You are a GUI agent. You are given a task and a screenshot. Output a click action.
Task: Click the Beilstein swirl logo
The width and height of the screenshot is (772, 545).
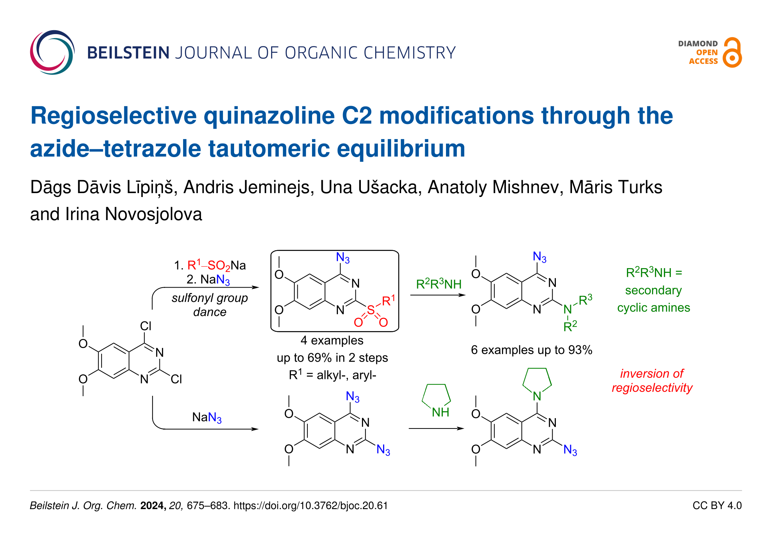point(52,52)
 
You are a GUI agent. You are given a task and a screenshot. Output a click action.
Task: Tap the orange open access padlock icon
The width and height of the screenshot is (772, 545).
point(732,53)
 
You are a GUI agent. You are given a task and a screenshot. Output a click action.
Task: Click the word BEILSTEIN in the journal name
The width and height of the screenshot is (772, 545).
point(128,53)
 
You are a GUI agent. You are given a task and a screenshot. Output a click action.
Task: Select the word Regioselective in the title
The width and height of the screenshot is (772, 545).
point(113,116)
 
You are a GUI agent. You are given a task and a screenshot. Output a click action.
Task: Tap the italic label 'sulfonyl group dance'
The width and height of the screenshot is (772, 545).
point(210,304)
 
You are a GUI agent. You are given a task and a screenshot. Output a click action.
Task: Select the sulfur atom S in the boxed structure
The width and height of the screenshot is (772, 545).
point(371,310)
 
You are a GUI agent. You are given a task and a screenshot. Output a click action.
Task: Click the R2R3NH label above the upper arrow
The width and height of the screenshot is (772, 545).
point(438,284)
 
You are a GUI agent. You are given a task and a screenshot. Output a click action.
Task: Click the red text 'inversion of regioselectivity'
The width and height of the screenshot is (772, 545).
point(652,381)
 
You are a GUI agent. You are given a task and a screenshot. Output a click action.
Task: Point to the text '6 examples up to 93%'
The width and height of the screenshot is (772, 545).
point(531,350)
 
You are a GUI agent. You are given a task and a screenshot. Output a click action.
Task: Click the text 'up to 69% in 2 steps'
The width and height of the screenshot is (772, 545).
point(332,358)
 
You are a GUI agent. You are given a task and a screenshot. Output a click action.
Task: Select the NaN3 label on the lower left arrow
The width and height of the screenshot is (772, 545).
point(207,417)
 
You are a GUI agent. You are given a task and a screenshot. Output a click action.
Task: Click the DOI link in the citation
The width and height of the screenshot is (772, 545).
point(311,506)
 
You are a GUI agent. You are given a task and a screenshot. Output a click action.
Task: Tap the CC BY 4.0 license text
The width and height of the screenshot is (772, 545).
point(717,505)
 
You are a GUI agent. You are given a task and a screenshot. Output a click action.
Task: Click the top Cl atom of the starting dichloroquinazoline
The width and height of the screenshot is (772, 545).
point(145,326)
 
